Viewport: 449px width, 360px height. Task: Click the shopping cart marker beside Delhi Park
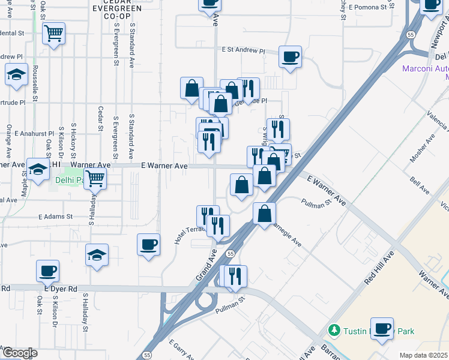click(x=95, y=178)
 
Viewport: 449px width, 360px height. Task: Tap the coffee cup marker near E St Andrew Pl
click(x=291, y=57)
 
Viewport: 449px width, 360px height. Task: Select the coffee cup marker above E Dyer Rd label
click(x=47, y=271)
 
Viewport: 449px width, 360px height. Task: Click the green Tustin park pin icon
click(x=334, y=330)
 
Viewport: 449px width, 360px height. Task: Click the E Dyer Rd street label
click(x=65, y=289)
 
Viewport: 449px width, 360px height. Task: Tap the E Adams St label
click(x=55, y=216)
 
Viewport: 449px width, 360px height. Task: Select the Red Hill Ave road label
click(x=379, y=268)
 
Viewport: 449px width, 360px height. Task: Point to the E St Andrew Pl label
click(x=243, y=50)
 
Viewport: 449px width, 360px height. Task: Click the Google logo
click(x=19, y=353)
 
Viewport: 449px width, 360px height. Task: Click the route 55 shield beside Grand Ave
click(x=231, y=254)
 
